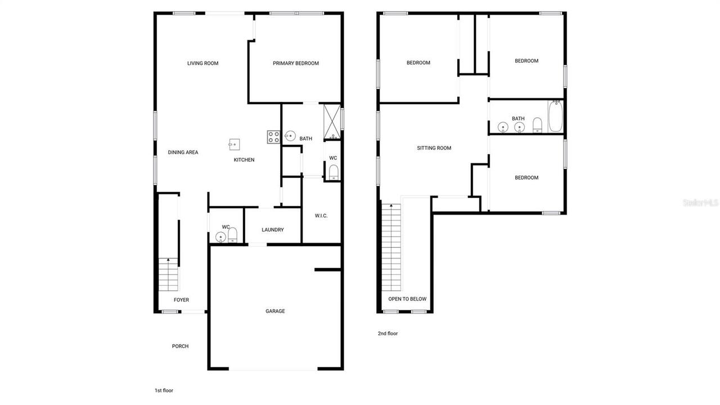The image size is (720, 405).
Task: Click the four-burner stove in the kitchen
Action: [x=274, y=137]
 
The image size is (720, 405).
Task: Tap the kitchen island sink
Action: [x=234, y=145]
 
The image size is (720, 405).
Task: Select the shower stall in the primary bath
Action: [x=331, y=121]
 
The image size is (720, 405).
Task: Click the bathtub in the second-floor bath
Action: [x=555, y=117]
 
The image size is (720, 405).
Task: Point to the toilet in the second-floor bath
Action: [x=537, y=124]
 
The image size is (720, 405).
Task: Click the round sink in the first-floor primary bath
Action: [x=290, y=136]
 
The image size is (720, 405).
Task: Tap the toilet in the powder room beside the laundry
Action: [x=233, y=234]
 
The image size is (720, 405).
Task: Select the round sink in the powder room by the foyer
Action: [x=220, y=237]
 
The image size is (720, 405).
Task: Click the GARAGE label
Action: [x=275, y=311]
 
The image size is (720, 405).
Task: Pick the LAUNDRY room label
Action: [x=273, y=230]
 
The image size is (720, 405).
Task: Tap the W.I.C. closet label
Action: [x=321, y=216]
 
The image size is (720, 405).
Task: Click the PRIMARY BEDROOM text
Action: [x=296, y=63]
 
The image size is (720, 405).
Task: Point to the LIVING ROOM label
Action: [x=202, y=63]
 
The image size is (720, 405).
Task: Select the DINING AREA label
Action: [x=183, y=152]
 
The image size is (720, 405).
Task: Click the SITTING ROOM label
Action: [x=434, y=148]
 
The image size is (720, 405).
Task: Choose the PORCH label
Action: [x=180, y=346]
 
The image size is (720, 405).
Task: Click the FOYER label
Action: [x=181, y=300]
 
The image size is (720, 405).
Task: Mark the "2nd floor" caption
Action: [x=388, y=333]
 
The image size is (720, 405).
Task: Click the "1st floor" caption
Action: [x=164, y=390]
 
